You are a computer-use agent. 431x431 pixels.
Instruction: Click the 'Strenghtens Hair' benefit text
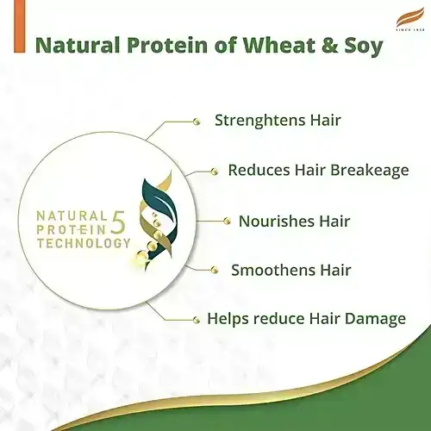(278, 120)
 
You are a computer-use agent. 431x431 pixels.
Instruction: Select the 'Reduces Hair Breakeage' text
(318, 170)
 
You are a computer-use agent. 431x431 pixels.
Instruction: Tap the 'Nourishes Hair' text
(294, 221)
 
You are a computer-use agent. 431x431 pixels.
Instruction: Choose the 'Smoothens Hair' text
(292, 270)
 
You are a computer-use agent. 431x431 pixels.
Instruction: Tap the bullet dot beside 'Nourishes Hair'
(228, 221)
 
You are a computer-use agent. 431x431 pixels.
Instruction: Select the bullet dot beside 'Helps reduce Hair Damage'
(197, 320)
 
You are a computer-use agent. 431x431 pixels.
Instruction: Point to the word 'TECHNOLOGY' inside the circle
(83, 244)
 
